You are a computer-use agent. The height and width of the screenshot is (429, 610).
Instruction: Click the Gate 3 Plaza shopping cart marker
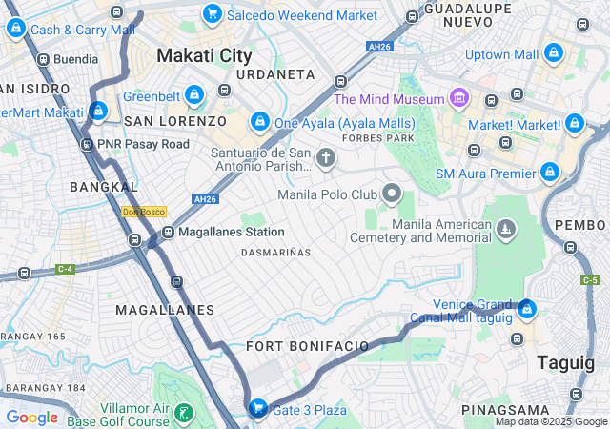coord(256,409)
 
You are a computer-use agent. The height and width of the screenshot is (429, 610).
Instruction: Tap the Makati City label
coord(204,55)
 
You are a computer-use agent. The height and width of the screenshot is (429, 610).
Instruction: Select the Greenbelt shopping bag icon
coord(194,95)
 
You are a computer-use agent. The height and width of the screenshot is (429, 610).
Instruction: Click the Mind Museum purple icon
coord(459,98)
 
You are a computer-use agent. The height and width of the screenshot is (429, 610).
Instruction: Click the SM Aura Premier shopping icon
coord(549,173)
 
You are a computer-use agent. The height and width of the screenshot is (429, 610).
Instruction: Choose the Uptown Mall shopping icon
coord(554,54)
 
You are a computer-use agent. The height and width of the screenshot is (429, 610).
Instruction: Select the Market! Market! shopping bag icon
coord(574,124)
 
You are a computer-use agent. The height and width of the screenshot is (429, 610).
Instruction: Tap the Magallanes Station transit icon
coord(168,232)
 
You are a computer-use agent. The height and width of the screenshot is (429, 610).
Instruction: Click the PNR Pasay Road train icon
coord(87,144)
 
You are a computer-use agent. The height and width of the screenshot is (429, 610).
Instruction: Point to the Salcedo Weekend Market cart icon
coord(212,15)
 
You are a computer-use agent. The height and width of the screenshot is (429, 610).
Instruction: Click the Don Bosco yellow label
coord(144,212)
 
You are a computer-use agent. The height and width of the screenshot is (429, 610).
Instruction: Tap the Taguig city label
coord(565,362)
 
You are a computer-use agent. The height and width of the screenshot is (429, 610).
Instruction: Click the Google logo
coord(32,418)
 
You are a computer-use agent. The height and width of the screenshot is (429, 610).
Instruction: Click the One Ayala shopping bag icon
coord(259,122)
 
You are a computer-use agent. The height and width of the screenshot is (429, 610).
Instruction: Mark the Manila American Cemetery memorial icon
coord(504,229)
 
